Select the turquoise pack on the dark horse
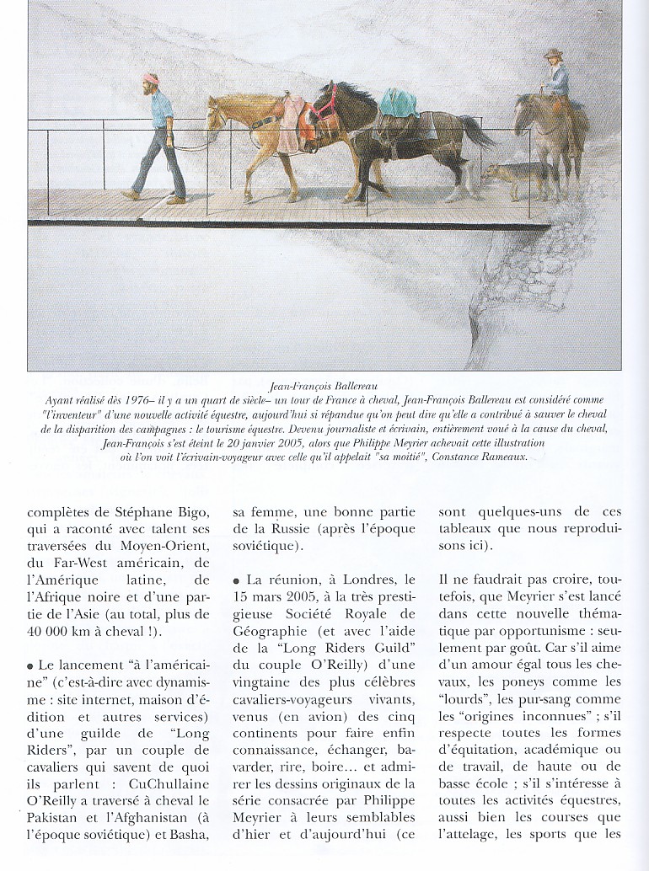(x=398, y=102)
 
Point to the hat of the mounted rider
(x=553, y=55)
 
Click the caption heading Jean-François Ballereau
(x=323, y=386)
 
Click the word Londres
(x=367, y=580)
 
